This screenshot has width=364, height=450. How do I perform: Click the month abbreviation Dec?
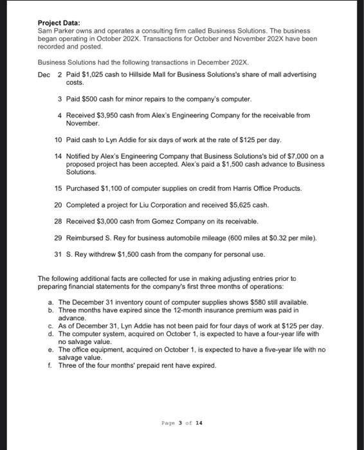pos(44,75)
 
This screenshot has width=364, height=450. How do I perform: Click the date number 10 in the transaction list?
pos(58,139)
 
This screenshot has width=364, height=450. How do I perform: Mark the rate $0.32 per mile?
pos(273,237)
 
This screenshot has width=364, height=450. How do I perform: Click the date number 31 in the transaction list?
pos(58,253)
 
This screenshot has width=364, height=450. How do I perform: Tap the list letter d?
pos(50,334)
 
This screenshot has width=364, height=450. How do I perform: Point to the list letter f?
pos(50,366)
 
